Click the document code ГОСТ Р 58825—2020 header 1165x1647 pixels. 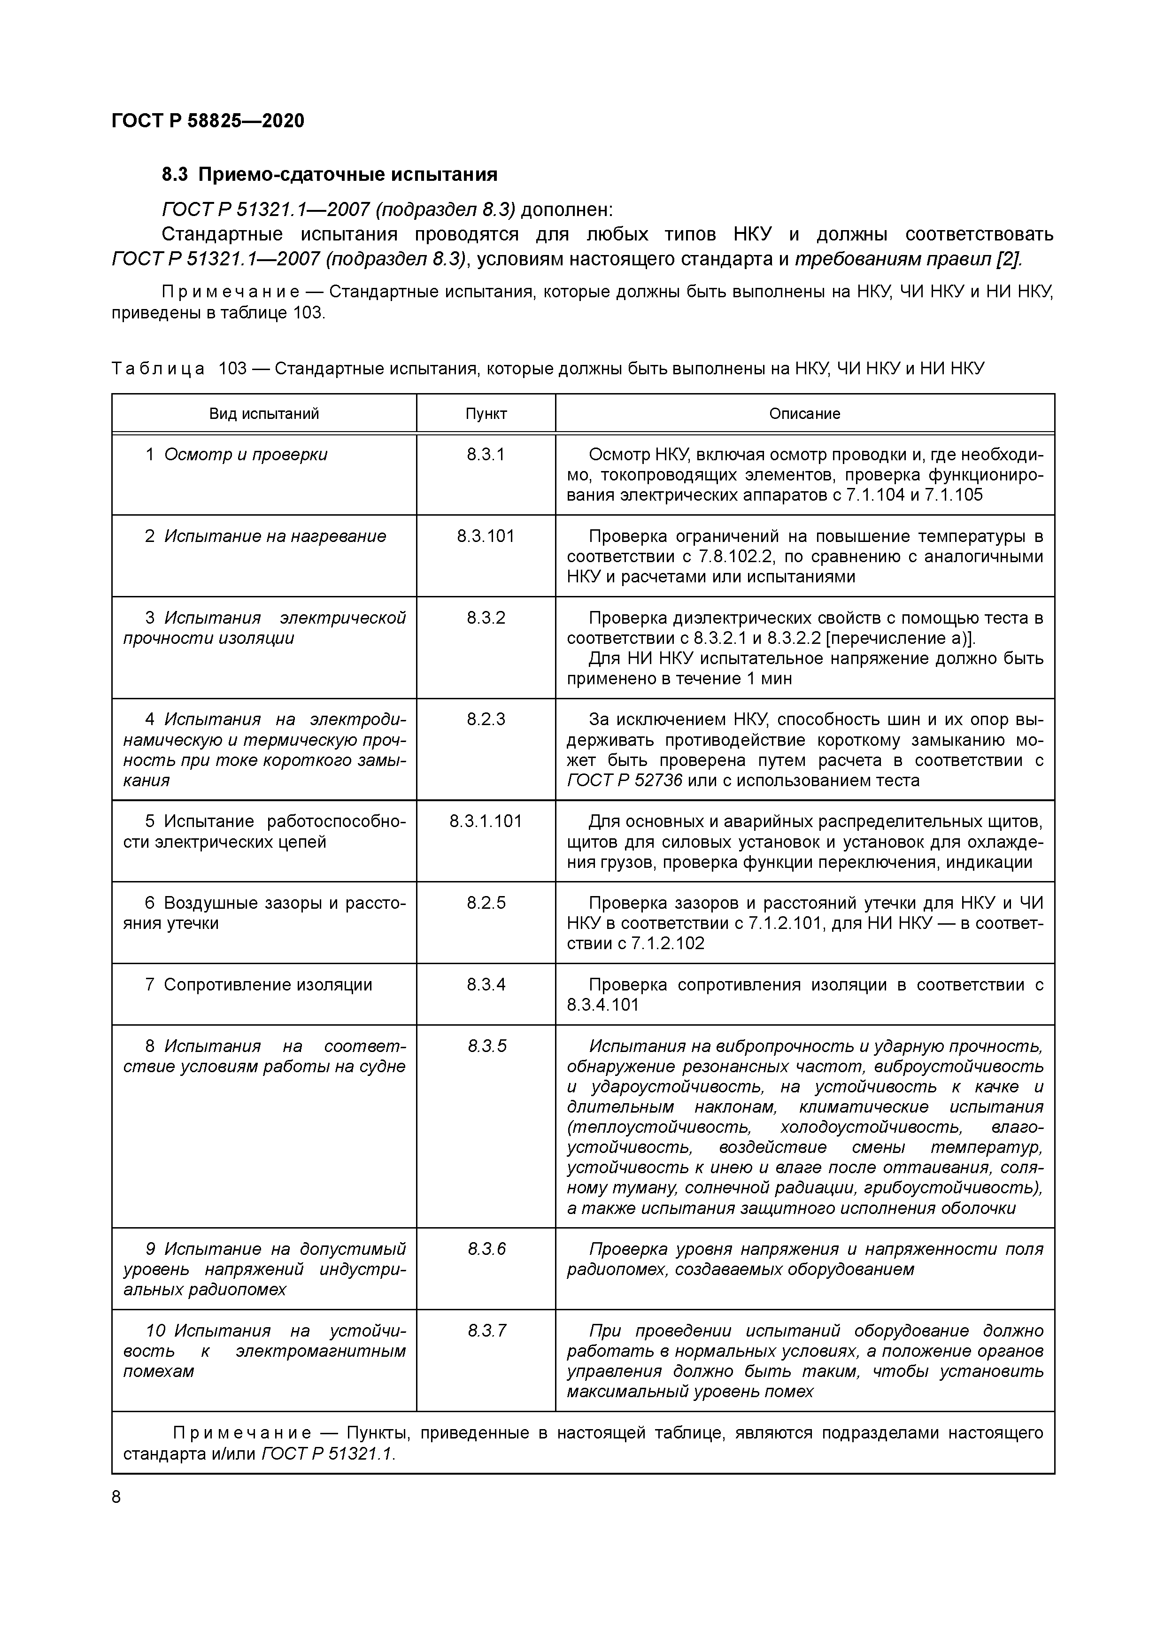tap(208, 121)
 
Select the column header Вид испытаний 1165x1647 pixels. tap(264, 414)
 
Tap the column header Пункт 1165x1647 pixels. tap(486, 414)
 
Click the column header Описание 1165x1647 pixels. tap(804, 414)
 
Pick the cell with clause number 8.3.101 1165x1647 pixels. tap(486, 537)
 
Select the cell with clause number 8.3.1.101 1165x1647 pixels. tap(486, 821)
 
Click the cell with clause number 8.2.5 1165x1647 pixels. tap(486, 903)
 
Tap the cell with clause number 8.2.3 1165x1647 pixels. tap(486, 719)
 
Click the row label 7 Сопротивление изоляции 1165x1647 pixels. tap(259, 985)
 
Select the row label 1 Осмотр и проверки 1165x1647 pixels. tap(237, 455)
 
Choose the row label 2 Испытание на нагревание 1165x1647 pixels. tap(265, 537)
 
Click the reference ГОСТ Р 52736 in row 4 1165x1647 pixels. tap(624, 781)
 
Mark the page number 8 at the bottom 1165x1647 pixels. tap(117, 1496)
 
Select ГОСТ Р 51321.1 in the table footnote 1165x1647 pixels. tap(328, 1454)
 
